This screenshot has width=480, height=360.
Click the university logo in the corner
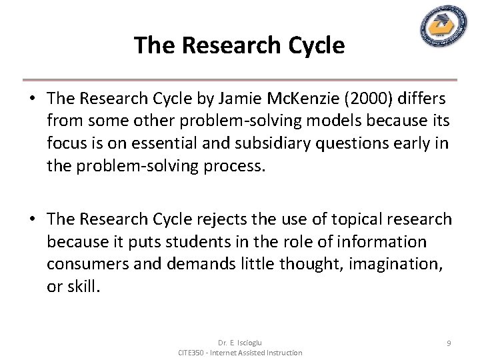(x=443, y=27)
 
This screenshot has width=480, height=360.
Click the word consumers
(x=88, y=263)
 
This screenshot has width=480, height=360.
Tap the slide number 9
(x=449, y=343)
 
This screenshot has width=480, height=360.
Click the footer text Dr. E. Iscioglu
(x=240, y=343)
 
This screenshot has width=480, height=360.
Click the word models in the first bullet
(x=314, y=121)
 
